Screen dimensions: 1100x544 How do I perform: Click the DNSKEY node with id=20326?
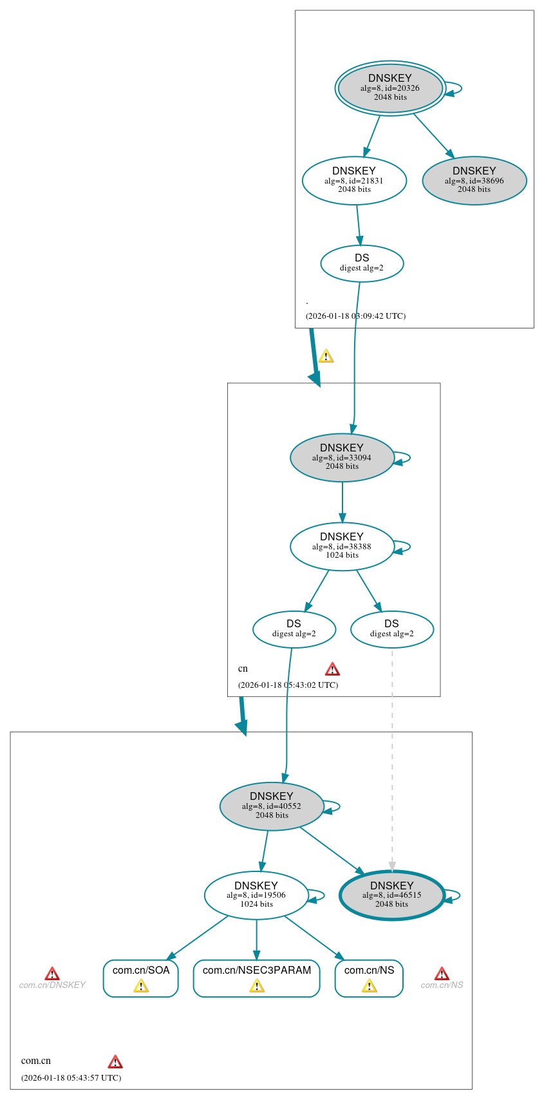(x=390, y=88)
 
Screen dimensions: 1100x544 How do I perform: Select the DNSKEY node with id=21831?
(x=354, y=181)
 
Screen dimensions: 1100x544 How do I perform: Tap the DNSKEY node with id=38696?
(x=474, y=181)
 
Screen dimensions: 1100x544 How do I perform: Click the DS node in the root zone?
(x=362, y=263)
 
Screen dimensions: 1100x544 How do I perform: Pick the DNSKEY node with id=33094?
(x=342, y=458)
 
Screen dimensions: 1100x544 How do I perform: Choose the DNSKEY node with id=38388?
(x=342, y=547)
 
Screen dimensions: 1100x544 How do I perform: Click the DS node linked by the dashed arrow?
(x=391, y=629)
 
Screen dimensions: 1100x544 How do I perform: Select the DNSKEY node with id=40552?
(x=272, y=806)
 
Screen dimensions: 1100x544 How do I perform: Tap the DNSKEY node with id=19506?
(x=256, y=895)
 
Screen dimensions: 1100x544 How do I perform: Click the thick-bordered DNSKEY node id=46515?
(x=392, y=895)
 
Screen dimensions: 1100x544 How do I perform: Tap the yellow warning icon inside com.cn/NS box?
(x=369, y=986)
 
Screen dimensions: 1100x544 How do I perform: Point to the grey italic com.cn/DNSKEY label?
(x=52, y=985)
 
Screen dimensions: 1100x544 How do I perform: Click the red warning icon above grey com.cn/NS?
(x=442, y=973)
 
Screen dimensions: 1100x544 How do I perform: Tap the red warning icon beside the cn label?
(x=332, y=669)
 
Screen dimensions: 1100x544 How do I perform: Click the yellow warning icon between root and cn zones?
(x=326, y=356)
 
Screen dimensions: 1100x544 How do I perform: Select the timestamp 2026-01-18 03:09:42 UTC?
(x=355, y=316)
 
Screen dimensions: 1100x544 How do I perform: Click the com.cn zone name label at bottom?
(x=36, y=1061)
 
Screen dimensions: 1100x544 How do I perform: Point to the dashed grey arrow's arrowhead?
(x=392, y=867)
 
